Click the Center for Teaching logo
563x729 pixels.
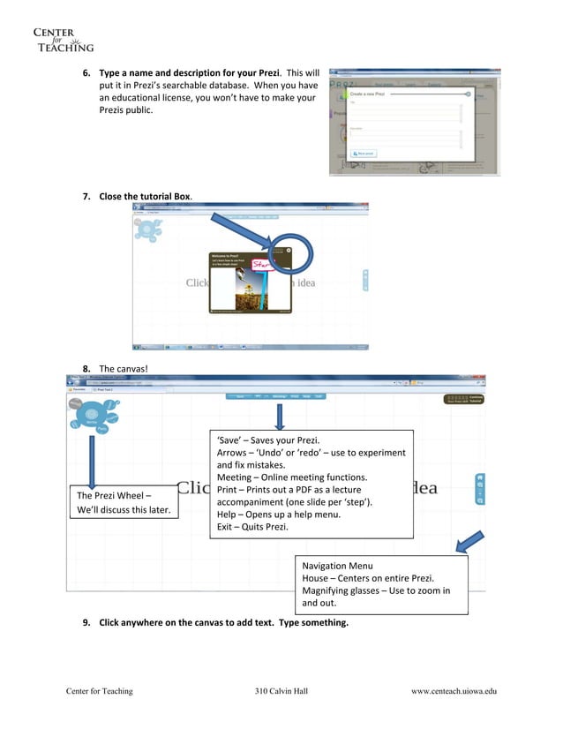(x=63, y=40)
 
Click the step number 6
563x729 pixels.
(x=86, y=71)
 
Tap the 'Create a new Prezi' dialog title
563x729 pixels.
(x=369, y=93)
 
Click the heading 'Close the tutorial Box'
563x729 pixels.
(x=145, y=195)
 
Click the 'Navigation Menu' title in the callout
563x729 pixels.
(x=337, y=566)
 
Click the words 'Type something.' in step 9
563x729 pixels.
(x=313, y=622)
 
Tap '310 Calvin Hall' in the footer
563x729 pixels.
(x=281, y=691)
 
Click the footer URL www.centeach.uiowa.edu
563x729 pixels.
(x=454, y=691)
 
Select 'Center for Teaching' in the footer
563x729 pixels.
(x=100, y=691)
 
